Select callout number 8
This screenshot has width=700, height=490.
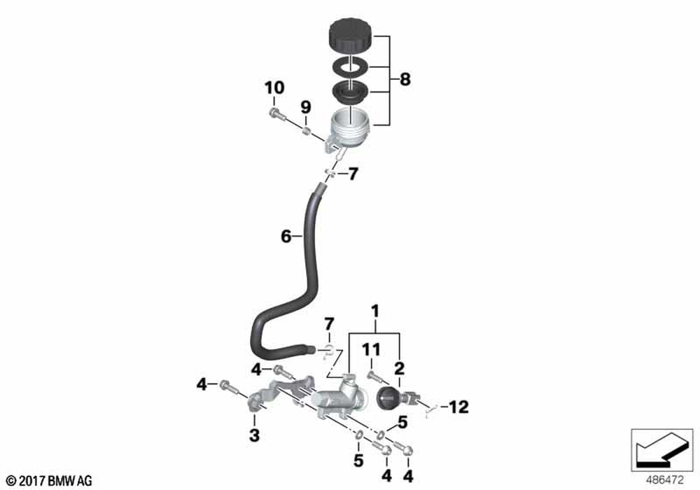click(405, 80)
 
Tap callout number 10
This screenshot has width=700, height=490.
click(274, 88)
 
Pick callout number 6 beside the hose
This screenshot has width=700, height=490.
click(286, 237)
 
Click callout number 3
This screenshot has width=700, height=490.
click(254, 435)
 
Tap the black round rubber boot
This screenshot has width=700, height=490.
click(387, 399)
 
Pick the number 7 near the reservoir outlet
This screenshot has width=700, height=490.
click(353, 174)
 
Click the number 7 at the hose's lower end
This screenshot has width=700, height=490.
click(328, 325)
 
